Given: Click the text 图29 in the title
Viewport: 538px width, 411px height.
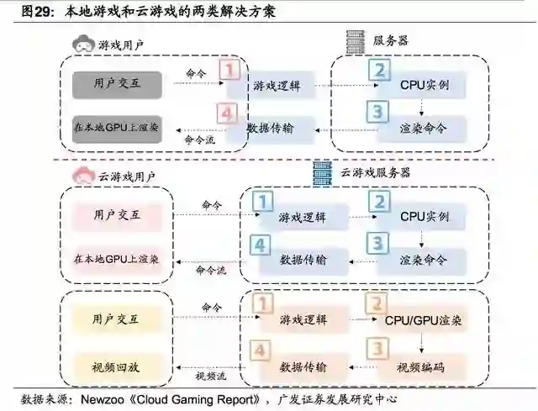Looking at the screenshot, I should coord(36,11).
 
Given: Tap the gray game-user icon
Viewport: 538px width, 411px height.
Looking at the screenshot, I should coord(82,44).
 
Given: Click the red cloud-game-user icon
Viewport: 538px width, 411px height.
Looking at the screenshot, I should coord(84,176).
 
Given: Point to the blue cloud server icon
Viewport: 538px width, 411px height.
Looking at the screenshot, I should coord(321,171).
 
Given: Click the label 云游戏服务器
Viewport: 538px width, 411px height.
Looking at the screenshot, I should coord(376,172).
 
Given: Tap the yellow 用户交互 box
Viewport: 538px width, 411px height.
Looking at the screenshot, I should coord(115,319).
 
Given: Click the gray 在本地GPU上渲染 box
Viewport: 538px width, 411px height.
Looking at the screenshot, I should coord(115,129).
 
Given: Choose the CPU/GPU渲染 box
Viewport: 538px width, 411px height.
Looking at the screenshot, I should coord(424,320).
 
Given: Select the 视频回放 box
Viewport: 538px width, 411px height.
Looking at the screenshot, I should coord(115,366).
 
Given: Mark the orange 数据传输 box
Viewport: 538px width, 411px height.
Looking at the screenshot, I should coord(303,367).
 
